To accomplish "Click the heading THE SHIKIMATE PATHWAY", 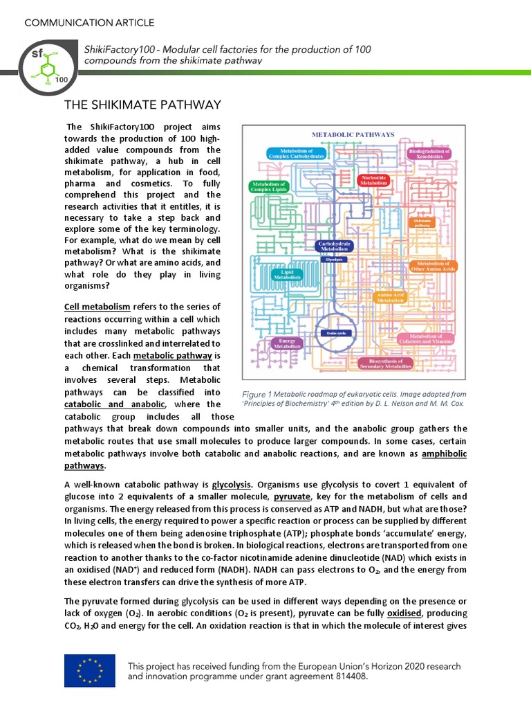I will click(142, 105).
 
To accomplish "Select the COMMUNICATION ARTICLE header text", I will click(89, 23).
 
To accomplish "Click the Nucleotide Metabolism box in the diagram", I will click(374, 179).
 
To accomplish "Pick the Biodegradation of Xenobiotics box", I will click(429, 154).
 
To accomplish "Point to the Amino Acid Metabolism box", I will click(389, 298).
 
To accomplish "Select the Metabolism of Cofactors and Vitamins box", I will click(427, 339).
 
